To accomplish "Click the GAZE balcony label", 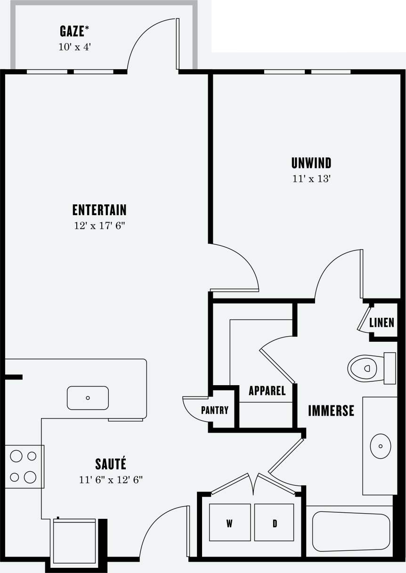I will [74, 32].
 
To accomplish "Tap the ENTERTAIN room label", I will [99, 210].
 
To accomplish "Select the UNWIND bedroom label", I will [311, 163].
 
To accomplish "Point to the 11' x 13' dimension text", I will [311, 179].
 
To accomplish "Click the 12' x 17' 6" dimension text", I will [99, 226].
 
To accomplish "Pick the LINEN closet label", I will [382, 323].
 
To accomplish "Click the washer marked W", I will [230, 523].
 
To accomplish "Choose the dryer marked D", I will [274, 523].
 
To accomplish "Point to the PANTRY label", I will [215, 410].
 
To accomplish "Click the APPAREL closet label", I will [267, 391].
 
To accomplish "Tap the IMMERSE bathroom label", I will [331, 411].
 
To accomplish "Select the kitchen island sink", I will [88, 398].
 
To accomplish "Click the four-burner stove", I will [24, 467].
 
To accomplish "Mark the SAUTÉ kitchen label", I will [111, 464].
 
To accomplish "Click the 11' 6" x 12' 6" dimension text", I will [111, 480].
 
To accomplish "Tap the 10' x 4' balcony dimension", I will [74, 48].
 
